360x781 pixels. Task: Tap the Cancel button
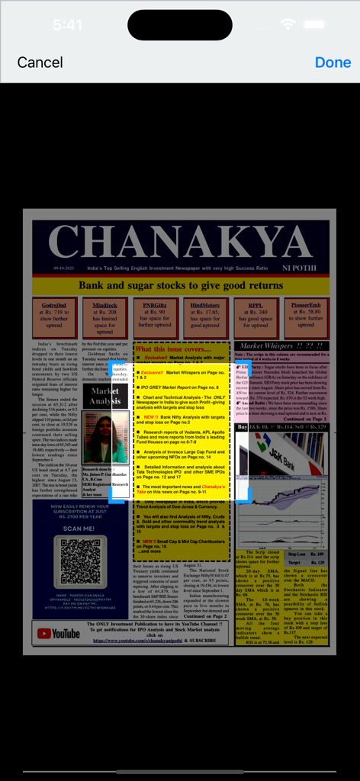coord(40,63)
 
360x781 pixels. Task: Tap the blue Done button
coord(333,63)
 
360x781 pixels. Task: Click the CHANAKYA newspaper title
coord(180,243)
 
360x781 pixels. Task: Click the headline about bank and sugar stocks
coord(180,286)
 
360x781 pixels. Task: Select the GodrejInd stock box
coord(55,317)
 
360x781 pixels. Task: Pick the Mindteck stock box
coord(105,317)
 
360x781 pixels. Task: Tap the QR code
coord(80,562)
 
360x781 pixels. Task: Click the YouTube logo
coord(59,633)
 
